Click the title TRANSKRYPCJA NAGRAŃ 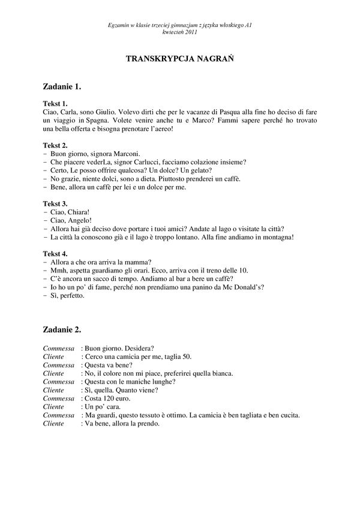coord(179,59)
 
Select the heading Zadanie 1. coord(62,86)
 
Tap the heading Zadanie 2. coord(62,330)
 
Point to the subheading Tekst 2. coord(56,145)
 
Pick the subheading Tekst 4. coord(56,253)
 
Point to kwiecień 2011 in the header coord(179,31)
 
